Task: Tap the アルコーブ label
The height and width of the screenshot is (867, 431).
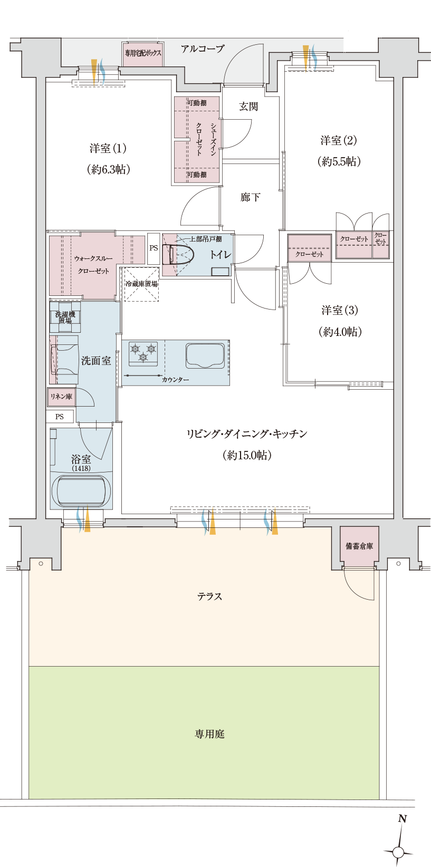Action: [x=203, y=49]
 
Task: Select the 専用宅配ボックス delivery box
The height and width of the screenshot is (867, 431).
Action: [x=142, y=55]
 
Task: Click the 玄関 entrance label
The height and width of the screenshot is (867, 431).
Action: [x=248, y=107]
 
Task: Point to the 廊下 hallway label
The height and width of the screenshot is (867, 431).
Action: [x=250, y=197]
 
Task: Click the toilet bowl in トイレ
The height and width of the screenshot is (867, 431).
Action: [x=178, y=255]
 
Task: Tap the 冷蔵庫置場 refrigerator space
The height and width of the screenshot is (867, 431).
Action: [x=141, y=284]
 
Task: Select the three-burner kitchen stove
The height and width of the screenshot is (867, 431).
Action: [x=143, y=353]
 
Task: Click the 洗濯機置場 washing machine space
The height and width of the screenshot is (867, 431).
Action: [x=65, y=316]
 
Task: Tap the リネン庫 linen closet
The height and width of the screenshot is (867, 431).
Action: [x=61, y=397]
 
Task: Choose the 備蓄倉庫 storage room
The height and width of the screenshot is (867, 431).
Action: [x=359, y=546]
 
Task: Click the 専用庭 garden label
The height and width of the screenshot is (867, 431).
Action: [x=210, y=734]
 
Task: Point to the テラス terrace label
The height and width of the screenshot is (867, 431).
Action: [x=210, y=596]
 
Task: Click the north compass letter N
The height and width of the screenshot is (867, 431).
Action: [x=403, y=819]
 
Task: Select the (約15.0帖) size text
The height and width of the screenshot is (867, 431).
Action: [x=246, y=455]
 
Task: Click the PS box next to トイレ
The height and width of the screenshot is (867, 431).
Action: [x=154, y=248]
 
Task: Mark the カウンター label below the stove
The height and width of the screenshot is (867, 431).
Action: [x=175, y=380]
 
